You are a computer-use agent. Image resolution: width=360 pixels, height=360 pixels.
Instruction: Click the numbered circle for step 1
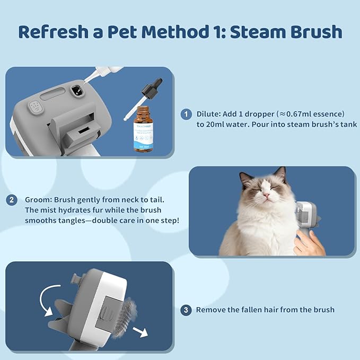point(186,114)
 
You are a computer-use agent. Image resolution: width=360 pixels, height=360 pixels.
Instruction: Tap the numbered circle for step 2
point(11,200)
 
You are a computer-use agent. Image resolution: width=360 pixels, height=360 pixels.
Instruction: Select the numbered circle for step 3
point(186,310)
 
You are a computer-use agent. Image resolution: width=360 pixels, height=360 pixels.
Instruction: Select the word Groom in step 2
point(37,200)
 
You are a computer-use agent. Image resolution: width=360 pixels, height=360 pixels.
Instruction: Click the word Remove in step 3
point(211,310)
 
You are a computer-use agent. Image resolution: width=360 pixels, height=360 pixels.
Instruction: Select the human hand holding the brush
point(310,243)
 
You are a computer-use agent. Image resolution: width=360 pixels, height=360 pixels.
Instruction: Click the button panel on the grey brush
point(36,107)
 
